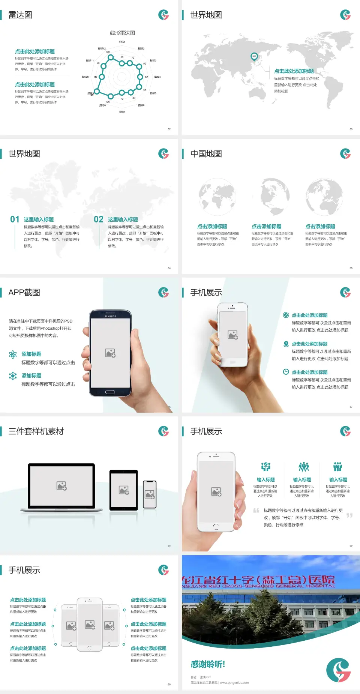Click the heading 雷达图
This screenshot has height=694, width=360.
(20, 15)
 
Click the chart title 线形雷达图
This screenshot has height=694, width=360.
(122, 33)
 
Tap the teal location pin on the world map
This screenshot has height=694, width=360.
(254, 57)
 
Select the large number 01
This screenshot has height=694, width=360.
(15, 219)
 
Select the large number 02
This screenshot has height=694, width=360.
(99, 219)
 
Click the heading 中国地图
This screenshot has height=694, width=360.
(206, 154)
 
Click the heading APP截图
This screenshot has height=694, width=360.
(24, 293)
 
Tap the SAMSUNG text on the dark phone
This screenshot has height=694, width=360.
(110, 316)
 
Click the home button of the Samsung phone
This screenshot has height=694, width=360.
(110, 392)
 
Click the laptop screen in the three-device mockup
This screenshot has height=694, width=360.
(61, 486)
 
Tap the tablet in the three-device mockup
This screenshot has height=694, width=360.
(124, 490)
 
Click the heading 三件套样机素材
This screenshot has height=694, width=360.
(36, 431)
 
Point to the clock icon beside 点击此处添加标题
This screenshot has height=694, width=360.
(286, 372)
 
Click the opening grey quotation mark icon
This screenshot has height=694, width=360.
(256, 511)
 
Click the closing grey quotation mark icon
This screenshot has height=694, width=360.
(349, 515)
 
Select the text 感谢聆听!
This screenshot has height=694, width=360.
(208, 664)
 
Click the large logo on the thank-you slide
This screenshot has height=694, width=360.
(338, 670)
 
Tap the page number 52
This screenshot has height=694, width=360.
(169, 129)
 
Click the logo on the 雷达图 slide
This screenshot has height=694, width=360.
(163, 15)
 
